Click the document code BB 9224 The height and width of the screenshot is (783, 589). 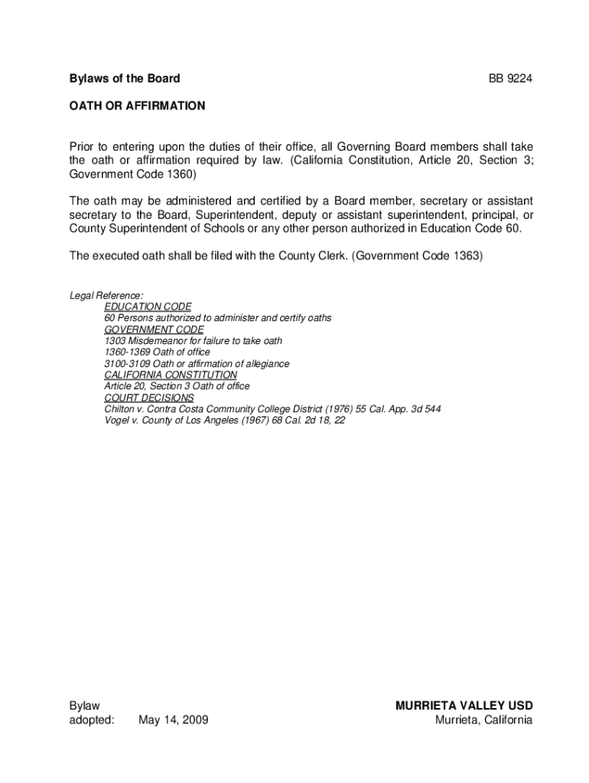510,78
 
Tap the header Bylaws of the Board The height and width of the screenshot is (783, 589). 125,78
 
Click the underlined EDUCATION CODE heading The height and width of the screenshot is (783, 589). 148,307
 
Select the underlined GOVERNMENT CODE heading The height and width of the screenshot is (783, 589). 154,330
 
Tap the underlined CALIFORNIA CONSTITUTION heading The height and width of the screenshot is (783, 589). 171,375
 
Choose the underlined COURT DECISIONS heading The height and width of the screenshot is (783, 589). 149,398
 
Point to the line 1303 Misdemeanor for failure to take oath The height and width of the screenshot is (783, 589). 193,341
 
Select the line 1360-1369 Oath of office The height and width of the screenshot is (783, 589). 157,353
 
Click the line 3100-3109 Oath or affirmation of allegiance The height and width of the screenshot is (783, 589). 197,364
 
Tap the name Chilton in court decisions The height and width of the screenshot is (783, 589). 120,410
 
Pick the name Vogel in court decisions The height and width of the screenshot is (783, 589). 118,421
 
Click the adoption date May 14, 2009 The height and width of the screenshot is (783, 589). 173,720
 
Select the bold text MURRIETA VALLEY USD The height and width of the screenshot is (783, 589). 464,706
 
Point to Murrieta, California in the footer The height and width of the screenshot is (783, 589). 483,720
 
